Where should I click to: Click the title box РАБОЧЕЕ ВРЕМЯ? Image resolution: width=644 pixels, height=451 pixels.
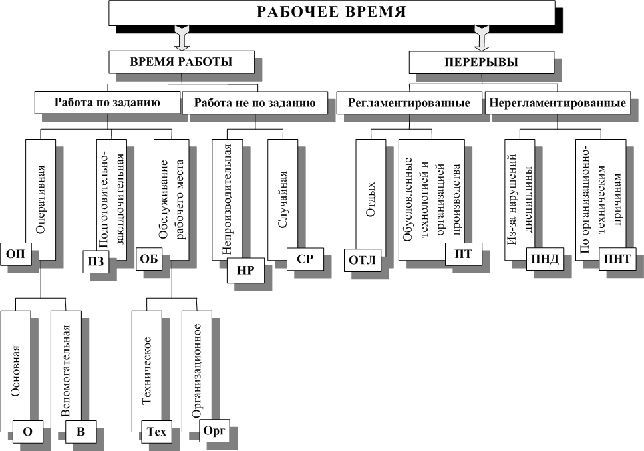tap(332, 12)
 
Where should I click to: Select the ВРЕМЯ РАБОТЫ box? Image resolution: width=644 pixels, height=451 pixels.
tap(181, 62)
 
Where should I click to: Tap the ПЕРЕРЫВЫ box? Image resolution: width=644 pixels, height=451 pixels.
tap(482, 62)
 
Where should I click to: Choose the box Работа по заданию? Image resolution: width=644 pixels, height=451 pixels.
tap(107, 102)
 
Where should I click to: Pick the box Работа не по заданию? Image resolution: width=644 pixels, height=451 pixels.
tap(255, 102)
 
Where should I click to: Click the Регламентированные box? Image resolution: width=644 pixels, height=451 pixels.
tap(409, 102)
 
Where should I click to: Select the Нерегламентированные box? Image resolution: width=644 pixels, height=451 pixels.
tap(558, 102)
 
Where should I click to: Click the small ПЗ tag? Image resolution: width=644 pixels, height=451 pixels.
tap(96, 262)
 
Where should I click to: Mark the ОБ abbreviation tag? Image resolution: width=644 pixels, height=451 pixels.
tap(149, 259)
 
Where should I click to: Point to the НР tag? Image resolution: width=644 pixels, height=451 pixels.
tap(246, 271)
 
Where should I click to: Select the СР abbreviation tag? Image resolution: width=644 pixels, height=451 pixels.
tap(305, 259)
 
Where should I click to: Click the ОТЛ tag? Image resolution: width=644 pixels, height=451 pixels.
tap(362, 261)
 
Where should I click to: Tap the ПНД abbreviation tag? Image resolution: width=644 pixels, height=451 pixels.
tap(545, 259)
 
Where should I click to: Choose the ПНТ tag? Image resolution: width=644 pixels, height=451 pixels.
tap(617, 259)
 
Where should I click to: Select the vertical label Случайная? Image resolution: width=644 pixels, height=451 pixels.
tap(282, 200)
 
